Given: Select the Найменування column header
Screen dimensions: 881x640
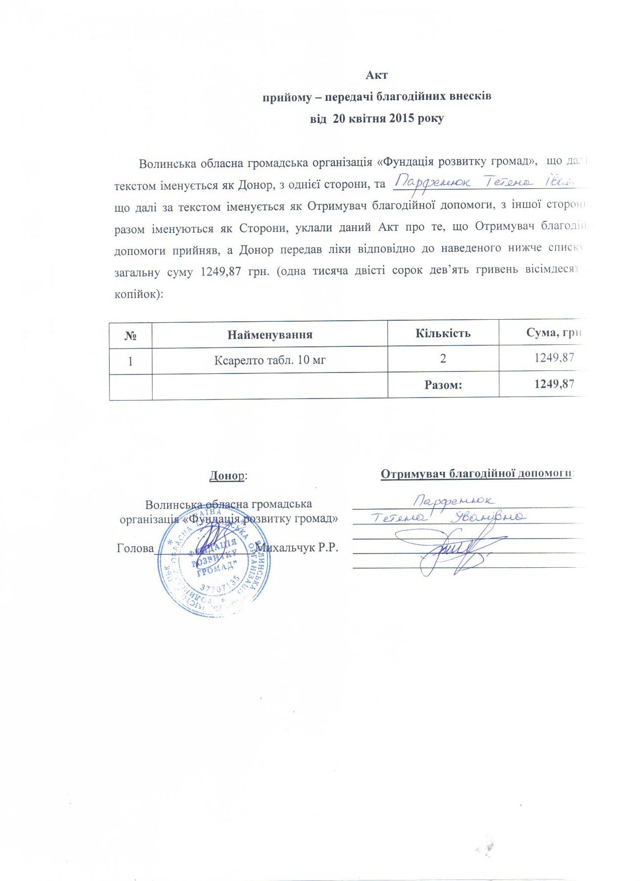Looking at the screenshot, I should click(x=270, y=334).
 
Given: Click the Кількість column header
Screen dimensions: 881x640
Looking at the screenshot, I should click(x=443, y=333).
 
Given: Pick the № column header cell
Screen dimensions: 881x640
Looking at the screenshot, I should click(x=131, y=335).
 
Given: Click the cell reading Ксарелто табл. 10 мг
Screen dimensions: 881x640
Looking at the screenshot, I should click(x=270, y=359).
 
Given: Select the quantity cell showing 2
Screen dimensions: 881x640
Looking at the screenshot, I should click(x=443, y=358).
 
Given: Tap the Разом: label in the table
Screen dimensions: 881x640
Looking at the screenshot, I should click(x=443, y=385).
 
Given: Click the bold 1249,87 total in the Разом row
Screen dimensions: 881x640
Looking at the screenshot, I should click(x=554, y=384).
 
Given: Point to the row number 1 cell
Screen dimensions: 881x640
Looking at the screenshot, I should click(x=131, y=360).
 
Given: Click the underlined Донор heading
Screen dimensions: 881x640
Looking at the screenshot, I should click(x=226, y=475).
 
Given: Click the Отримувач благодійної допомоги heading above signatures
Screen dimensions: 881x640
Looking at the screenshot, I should click(x=476, y=474).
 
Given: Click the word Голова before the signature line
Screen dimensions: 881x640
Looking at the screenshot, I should click(x=135, y=548).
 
